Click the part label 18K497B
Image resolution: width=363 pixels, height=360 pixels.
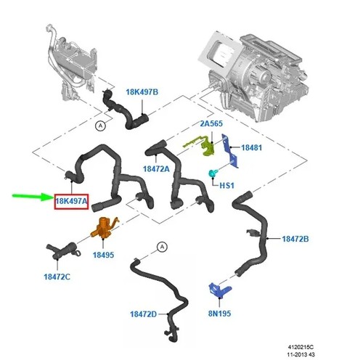click(x=142, y=92)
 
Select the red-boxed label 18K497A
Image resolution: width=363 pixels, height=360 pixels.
click(x=71, y=201)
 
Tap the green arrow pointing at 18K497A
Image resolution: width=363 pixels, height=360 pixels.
click(x=33, y=197)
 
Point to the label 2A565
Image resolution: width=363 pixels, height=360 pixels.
click(x=211, y=123)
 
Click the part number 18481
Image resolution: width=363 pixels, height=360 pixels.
click(x=251, y=147)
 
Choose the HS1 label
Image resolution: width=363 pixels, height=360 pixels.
click(x=227, y=186)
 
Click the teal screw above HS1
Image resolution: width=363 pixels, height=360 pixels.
click(x=213, y=173)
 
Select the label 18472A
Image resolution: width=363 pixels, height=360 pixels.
click(x=156, y=169)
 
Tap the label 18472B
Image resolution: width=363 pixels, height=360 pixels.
click(x=295, y=239)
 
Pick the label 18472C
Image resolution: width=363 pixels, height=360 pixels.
click(x=57, y=277)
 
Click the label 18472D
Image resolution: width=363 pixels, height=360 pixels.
click(x=143, y=314)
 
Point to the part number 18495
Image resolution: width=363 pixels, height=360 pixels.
click(x=103, y=255)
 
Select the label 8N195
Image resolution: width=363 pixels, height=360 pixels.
click(x=219, y=314)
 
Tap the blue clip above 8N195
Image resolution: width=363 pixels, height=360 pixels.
click(x=219, y=290)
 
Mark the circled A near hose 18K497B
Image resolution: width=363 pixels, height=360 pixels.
click(x=100, y=126)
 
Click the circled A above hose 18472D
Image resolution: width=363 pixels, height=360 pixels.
click(x=162, y=247)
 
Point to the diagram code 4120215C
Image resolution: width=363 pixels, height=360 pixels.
click(x=301, y=347)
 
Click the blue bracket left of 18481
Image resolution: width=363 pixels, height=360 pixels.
click(x=230, y=151)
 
